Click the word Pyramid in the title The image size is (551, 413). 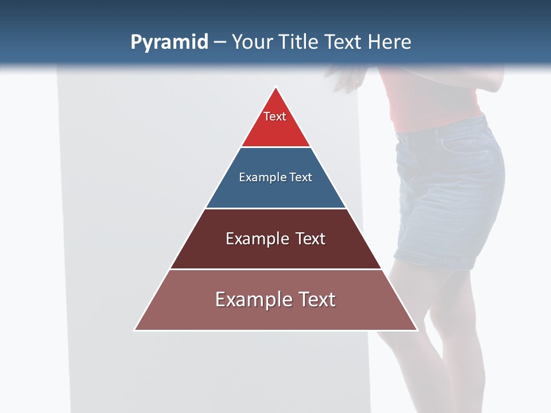click(x=169, y=42)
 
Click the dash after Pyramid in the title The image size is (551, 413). click(x=220, y=42)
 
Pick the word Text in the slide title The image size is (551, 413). click(x=344, y=42)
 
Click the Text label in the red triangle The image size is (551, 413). click(x=275, y=116)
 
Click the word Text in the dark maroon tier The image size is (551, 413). click(x=311, y=239)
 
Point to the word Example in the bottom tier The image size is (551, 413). click(x=253, y=299)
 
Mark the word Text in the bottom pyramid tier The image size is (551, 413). click(x=316, y=299)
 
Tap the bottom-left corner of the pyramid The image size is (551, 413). click(x=135, y=330)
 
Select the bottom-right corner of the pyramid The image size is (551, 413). click(x=417, y=330)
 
